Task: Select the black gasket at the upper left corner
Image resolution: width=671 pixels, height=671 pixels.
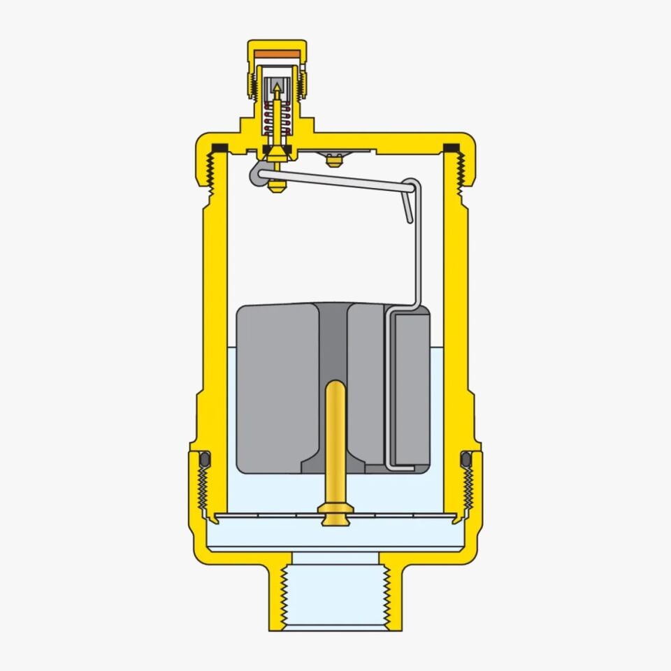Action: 219,147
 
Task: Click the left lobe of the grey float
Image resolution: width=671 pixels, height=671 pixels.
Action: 276,388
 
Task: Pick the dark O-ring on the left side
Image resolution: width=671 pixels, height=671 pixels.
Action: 205,459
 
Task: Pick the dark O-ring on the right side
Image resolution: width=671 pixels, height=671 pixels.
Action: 466,459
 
